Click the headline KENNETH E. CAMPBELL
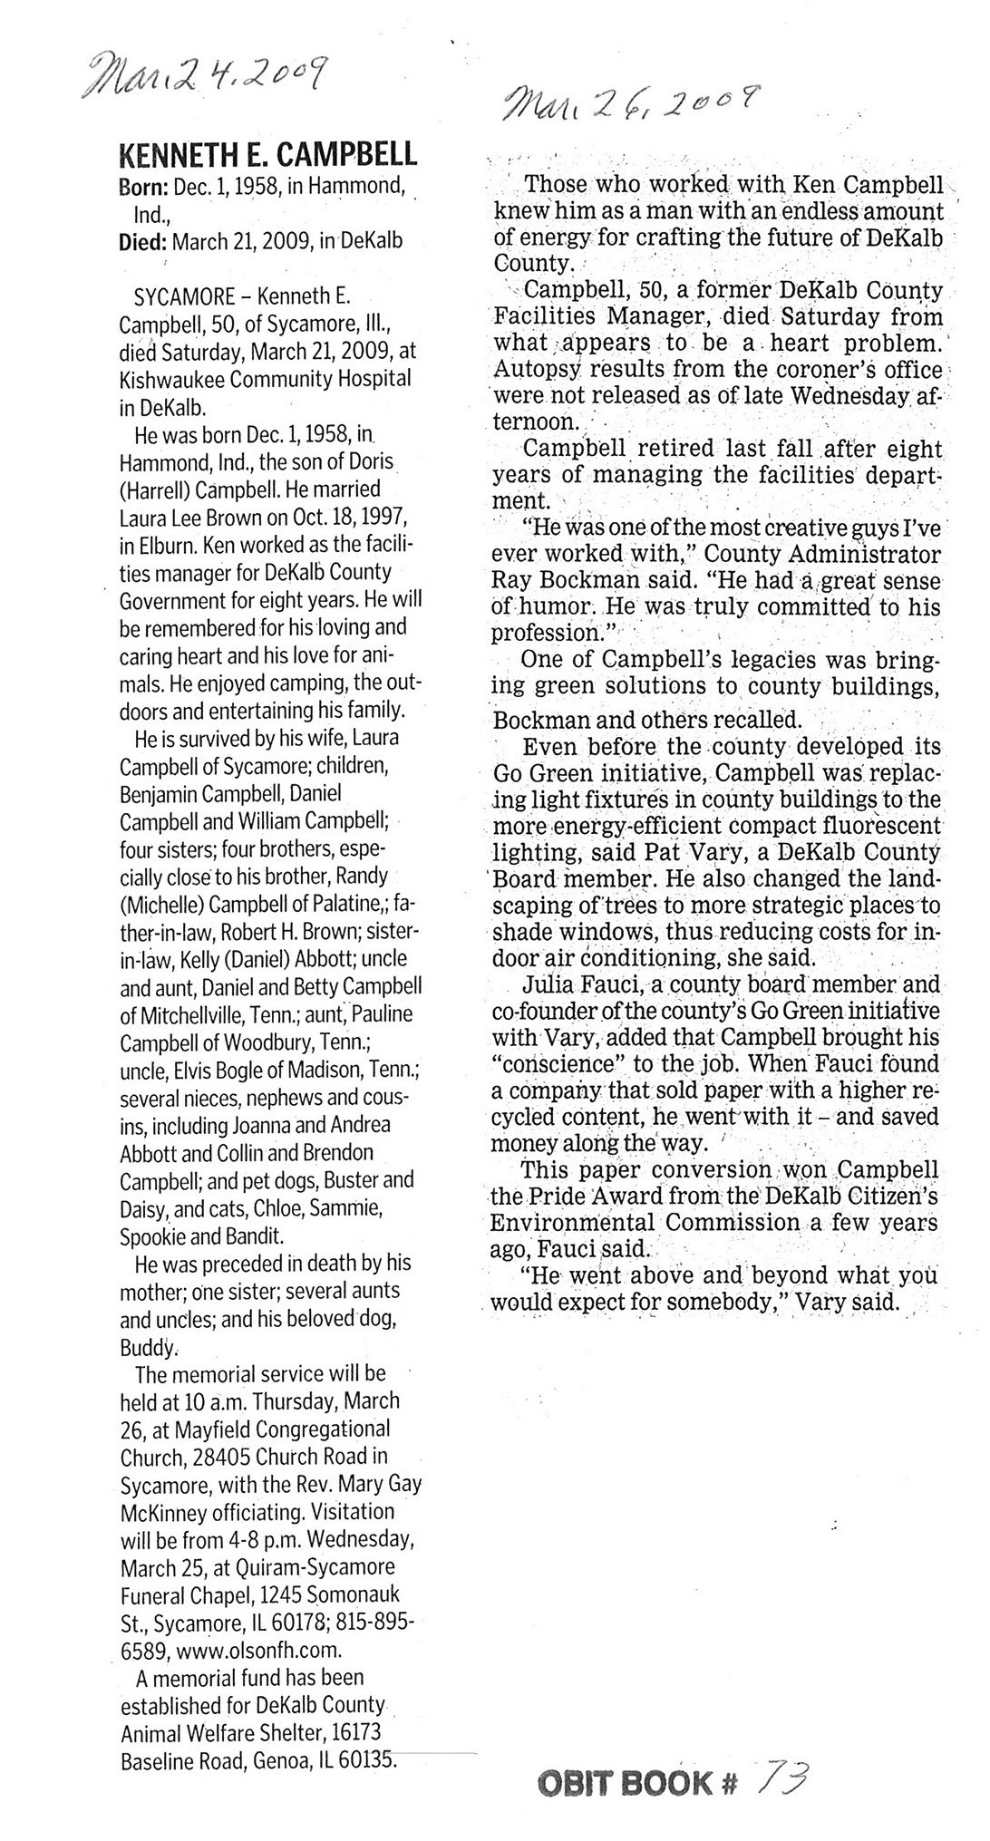click(x=268, y=156)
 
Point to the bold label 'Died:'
click(x=143, y=242)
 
